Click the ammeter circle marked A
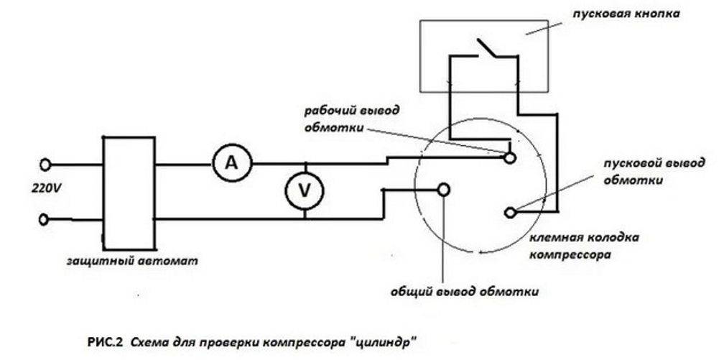[x=231, y=164]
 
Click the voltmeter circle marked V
[x=305, y=190]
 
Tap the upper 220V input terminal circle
[x=46, y=165]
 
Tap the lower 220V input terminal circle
[x=46, y=218]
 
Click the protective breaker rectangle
[x=128, y=191]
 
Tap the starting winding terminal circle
[x=510, y=213]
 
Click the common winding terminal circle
[x=444, y=189]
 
